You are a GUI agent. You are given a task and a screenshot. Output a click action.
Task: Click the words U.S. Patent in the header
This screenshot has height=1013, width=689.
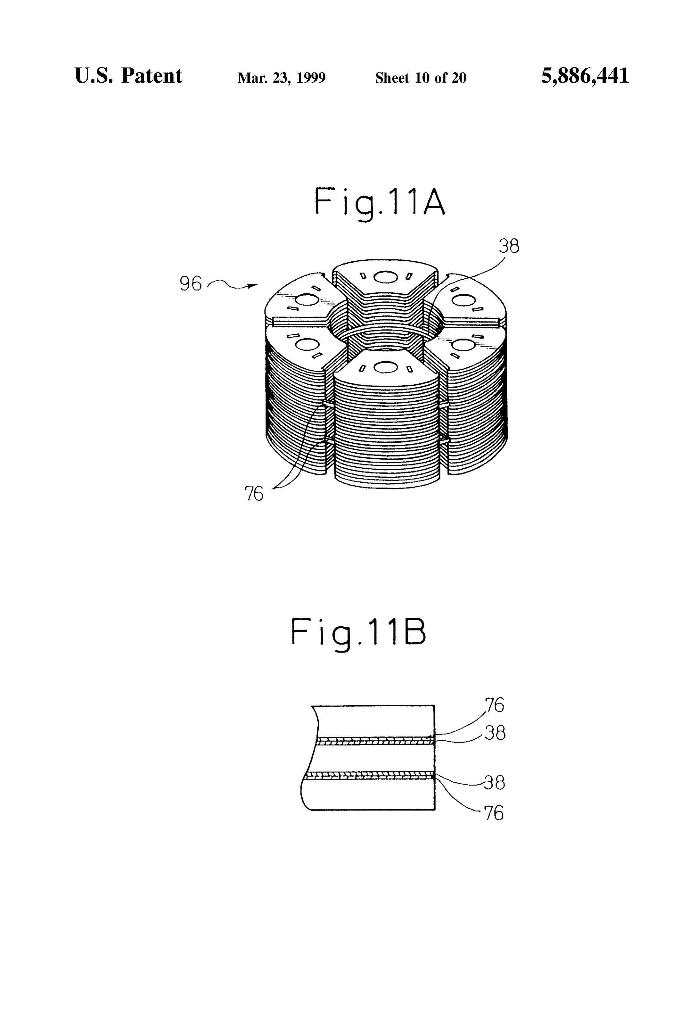129,76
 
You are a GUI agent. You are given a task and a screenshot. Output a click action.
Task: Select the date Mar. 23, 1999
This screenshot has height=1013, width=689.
281,78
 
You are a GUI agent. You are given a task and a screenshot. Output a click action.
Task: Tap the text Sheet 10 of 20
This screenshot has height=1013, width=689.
421,78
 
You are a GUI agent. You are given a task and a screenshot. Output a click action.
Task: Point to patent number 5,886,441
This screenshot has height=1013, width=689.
585,76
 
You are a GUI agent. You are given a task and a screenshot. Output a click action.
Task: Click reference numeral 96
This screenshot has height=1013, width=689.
191,284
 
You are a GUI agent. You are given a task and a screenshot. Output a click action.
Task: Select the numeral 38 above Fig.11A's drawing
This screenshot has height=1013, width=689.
509,247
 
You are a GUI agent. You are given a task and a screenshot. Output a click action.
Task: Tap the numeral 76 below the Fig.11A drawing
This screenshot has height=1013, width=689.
254,494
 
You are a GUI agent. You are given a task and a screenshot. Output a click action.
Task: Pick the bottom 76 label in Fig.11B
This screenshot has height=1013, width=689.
494,813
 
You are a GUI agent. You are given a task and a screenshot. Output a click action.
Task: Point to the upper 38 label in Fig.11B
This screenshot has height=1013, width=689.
495,734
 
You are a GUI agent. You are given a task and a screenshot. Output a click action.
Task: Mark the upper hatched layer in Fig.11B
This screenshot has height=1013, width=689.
374,741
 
